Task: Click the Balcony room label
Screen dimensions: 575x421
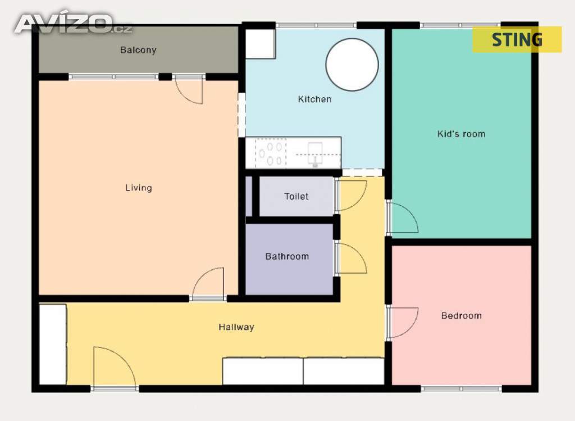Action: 138,50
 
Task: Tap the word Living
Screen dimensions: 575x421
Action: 139,188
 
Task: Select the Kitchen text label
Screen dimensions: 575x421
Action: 314,99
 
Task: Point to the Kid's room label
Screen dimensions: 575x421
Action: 462,134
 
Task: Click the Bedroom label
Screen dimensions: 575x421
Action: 462,316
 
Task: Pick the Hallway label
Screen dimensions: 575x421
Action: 236,327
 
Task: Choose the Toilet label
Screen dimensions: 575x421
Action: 296,196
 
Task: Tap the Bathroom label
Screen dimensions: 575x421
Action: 287,256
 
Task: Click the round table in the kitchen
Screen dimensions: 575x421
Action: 352,65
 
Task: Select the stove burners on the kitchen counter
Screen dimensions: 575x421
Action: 271,154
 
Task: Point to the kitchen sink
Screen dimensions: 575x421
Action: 315,154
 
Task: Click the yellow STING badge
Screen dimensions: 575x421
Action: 517,39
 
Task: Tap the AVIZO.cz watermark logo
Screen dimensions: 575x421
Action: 74,24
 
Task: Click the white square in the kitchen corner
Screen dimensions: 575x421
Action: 260,44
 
